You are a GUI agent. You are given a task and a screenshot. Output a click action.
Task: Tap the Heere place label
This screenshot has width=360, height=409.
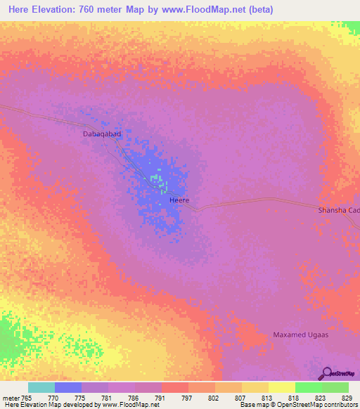pyautogui.click(x=179, y=201)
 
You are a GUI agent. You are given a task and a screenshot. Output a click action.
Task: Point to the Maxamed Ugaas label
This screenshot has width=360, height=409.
pyautogui.click(x=301, y=335)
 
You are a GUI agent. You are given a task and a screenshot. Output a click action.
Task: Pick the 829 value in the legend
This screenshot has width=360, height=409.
pyautogui.click(x=347, y=397)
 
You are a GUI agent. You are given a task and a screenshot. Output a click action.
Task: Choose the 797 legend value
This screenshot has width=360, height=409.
pyautogui.click(x=186, y=397)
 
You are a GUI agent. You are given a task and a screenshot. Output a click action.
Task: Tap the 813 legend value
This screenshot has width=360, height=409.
pyautogui.click(x=266, y=397)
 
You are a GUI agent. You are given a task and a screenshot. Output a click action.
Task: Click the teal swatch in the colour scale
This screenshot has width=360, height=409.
pyautogui.click(x=41, y=387)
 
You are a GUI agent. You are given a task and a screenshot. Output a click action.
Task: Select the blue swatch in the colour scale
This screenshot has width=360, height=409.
pyautogui.click(x=68, y=387)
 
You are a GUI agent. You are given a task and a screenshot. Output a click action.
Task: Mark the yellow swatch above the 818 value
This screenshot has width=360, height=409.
pyautogui.click(x=281, y=387)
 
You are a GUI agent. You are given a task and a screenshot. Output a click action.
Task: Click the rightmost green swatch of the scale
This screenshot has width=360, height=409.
pyautogui.click(x=335, y=387)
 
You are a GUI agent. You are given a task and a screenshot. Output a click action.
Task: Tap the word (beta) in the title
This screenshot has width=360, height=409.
pyautogui.click(x=257, y=10)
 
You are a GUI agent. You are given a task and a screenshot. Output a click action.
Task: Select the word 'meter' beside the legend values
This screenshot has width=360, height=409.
pyautogui.click(x=11, y=397)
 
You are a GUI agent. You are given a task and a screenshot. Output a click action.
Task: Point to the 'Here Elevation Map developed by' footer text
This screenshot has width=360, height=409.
pyautogui.click(x=50, y=405)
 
